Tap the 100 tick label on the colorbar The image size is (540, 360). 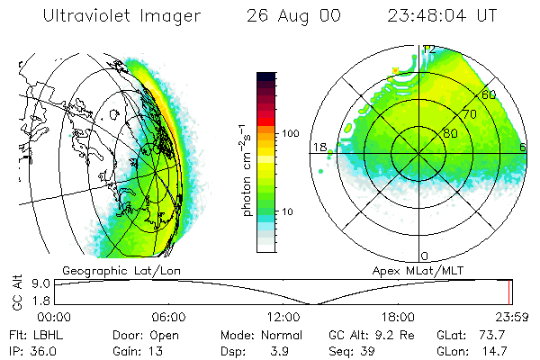pos(289,133)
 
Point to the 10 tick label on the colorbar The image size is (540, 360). pos(286,211)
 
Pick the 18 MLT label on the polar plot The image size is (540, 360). pos(319,147)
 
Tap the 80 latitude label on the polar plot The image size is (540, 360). pos(450,133)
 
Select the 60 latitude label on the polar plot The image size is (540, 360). pos(490,94)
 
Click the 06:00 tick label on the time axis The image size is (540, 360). pos(168,317)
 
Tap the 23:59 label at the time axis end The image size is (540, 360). pos(511,317)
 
